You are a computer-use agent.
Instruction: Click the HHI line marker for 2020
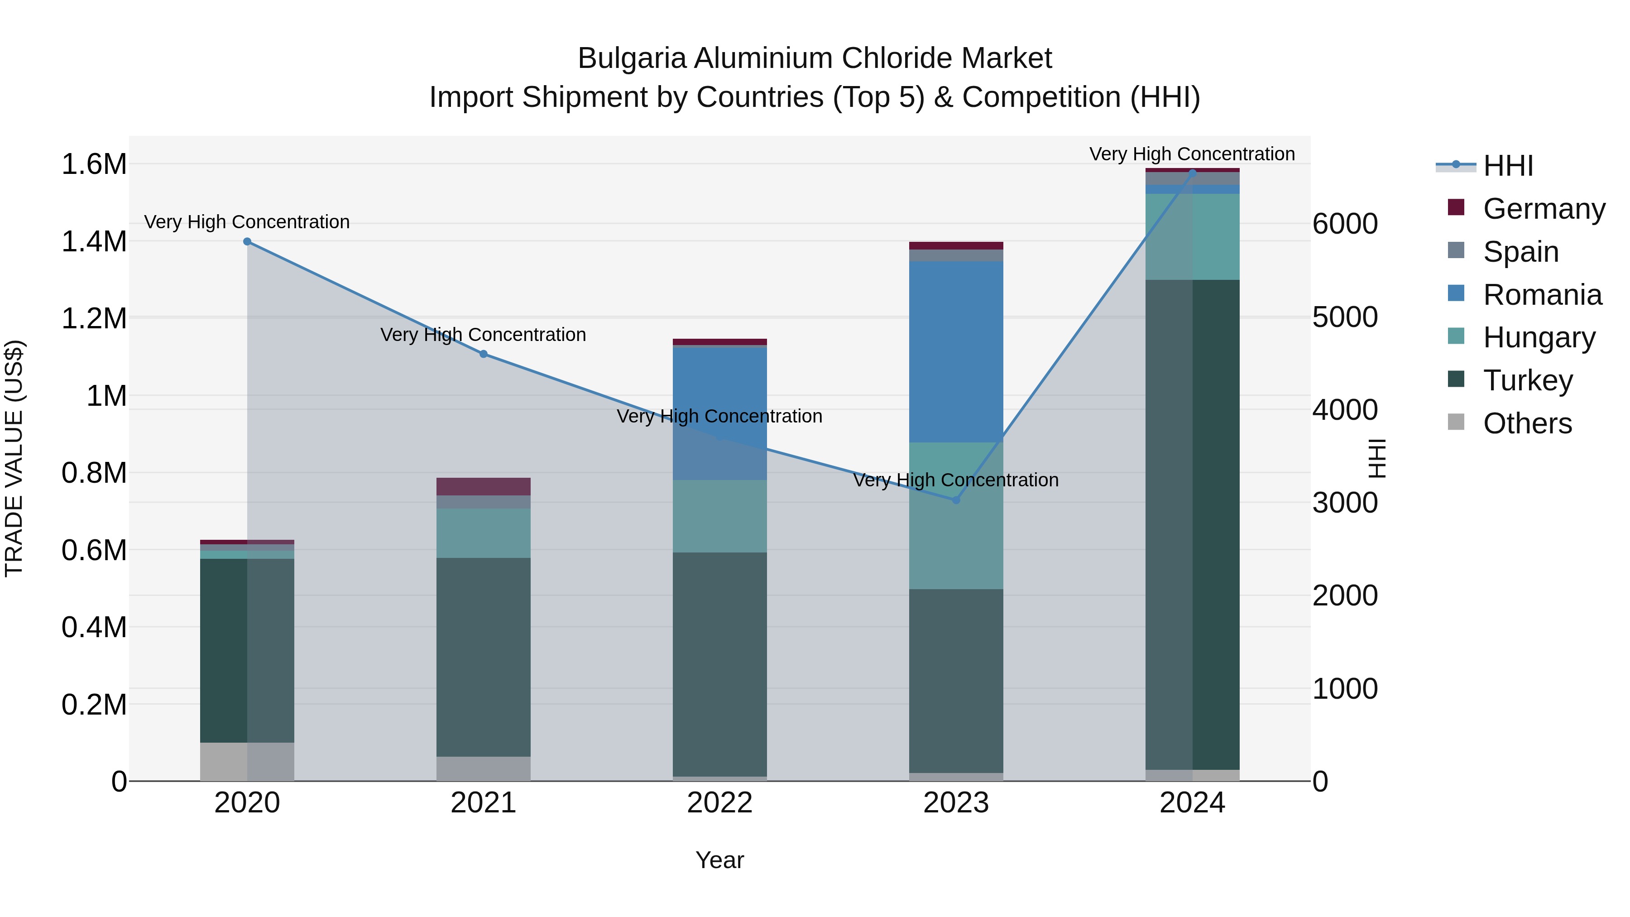247,242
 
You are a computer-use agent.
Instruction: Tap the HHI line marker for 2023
956,500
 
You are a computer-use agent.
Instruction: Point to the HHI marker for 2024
1192,172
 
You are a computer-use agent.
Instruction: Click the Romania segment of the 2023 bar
956,351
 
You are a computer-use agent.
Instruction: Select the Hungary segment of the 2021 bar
484,533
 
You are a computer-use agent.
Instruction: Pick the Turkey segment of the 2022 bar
719,664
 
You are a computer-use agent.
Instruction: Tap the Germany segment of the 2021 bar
484,487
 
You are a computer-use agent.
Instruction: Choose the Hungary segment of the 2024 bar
1192,237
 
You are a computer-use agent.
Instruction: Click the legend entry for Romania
1542,295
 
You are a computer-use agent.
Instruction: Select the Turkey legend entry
1528,380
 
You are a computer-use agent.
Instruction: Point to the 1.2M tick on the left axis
94,318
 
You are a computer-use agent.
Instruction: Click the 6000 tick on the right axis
1345,224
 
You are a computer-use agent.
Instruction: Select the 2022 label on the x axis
719,803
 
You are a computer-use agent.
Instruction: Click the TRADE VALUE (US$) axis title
14,458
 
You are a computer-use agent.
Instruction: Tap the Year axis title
719,860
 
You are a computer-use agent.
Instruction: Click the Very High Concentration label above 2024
1192,154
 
